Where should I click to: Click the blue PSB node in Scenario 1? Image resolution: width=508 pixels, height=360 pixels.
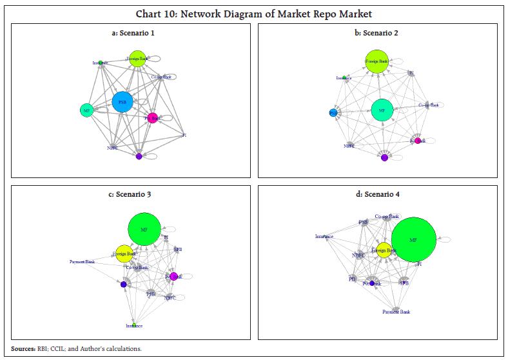point(122,102)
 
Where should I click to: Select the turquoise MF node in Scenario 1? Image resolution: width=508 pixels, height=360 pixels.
point(87,110)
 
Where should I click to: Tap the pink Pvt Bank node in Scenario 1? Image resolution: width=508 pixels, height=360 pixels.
point(152,118)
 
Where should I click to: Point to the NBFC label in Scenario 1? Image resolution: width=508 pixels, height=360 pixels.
point(113,148)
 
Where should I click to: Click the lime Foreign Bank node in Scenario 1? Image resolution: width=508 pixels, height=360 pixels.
point(137,59)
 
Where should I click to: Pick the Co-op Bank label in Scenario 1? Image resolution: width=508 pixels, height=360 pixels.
point(161,77)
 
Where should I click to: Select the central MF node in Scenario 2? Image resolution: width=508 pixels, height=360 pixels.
point(382,110)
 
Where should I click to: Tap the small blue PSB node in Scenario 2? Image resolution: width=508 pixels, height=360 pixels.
point(333,112)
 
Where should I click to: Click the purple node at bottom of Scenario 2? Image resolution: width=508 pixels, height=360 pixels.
point(385,157)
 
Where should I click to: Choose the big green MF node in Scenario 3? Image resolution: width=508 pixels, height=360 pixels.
point(144,228)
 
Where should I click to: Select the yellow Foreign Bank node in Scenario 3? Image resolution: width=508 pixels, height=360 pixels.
point(123,254)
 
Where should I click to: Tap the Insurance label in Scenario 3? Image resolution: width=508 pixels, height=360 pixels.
point(134,326)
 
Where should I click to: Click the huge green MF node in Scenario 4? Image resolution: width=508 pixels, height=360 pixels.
point(414,240)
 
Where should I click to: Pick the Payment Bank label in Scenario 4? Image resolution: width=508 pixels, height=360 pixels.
point(396,312)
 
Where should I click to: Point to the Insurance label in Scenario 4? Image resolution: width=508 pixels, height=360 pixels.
point(324,236)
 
